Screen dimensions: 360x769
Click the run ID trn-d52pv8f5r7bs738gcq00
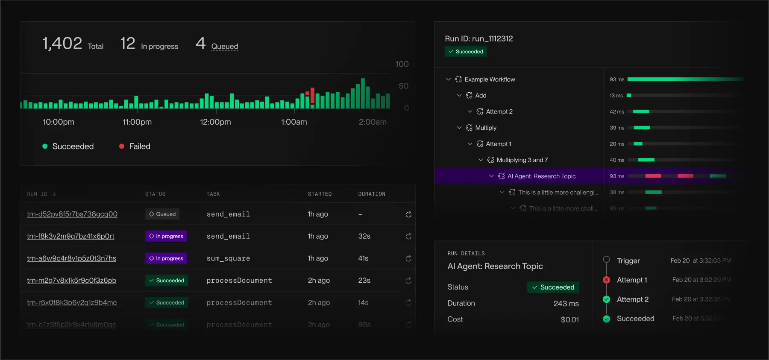72,214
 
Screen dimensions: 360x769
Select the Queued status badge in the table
162,214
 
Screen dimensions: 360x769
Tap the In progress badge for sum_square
166,258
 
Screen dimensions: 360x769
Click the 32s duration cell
364,236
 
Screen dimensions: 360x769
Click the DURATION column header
371,194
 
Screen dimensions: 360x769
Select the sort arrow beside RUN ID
54,194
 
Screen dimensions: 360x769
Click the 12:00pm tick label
215,122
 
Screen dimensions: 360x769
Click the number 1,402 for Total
62,44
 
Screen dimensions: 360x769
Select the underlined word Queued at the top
224,47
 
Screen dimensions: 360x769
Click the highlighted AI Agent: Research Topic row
541,176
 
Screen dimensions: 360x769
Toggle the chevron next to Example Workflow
448,79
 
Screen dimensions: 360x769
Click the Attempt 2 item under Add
499,111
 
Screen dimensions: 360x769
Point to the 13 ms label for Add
616,96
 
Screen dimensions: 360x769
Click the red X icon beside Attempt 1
606,280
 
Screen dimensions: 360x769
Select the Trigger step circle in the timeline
606,260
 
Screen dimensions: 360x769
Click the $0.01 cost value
569,319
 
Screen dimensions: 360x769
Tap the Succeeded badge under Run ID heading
466,52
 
